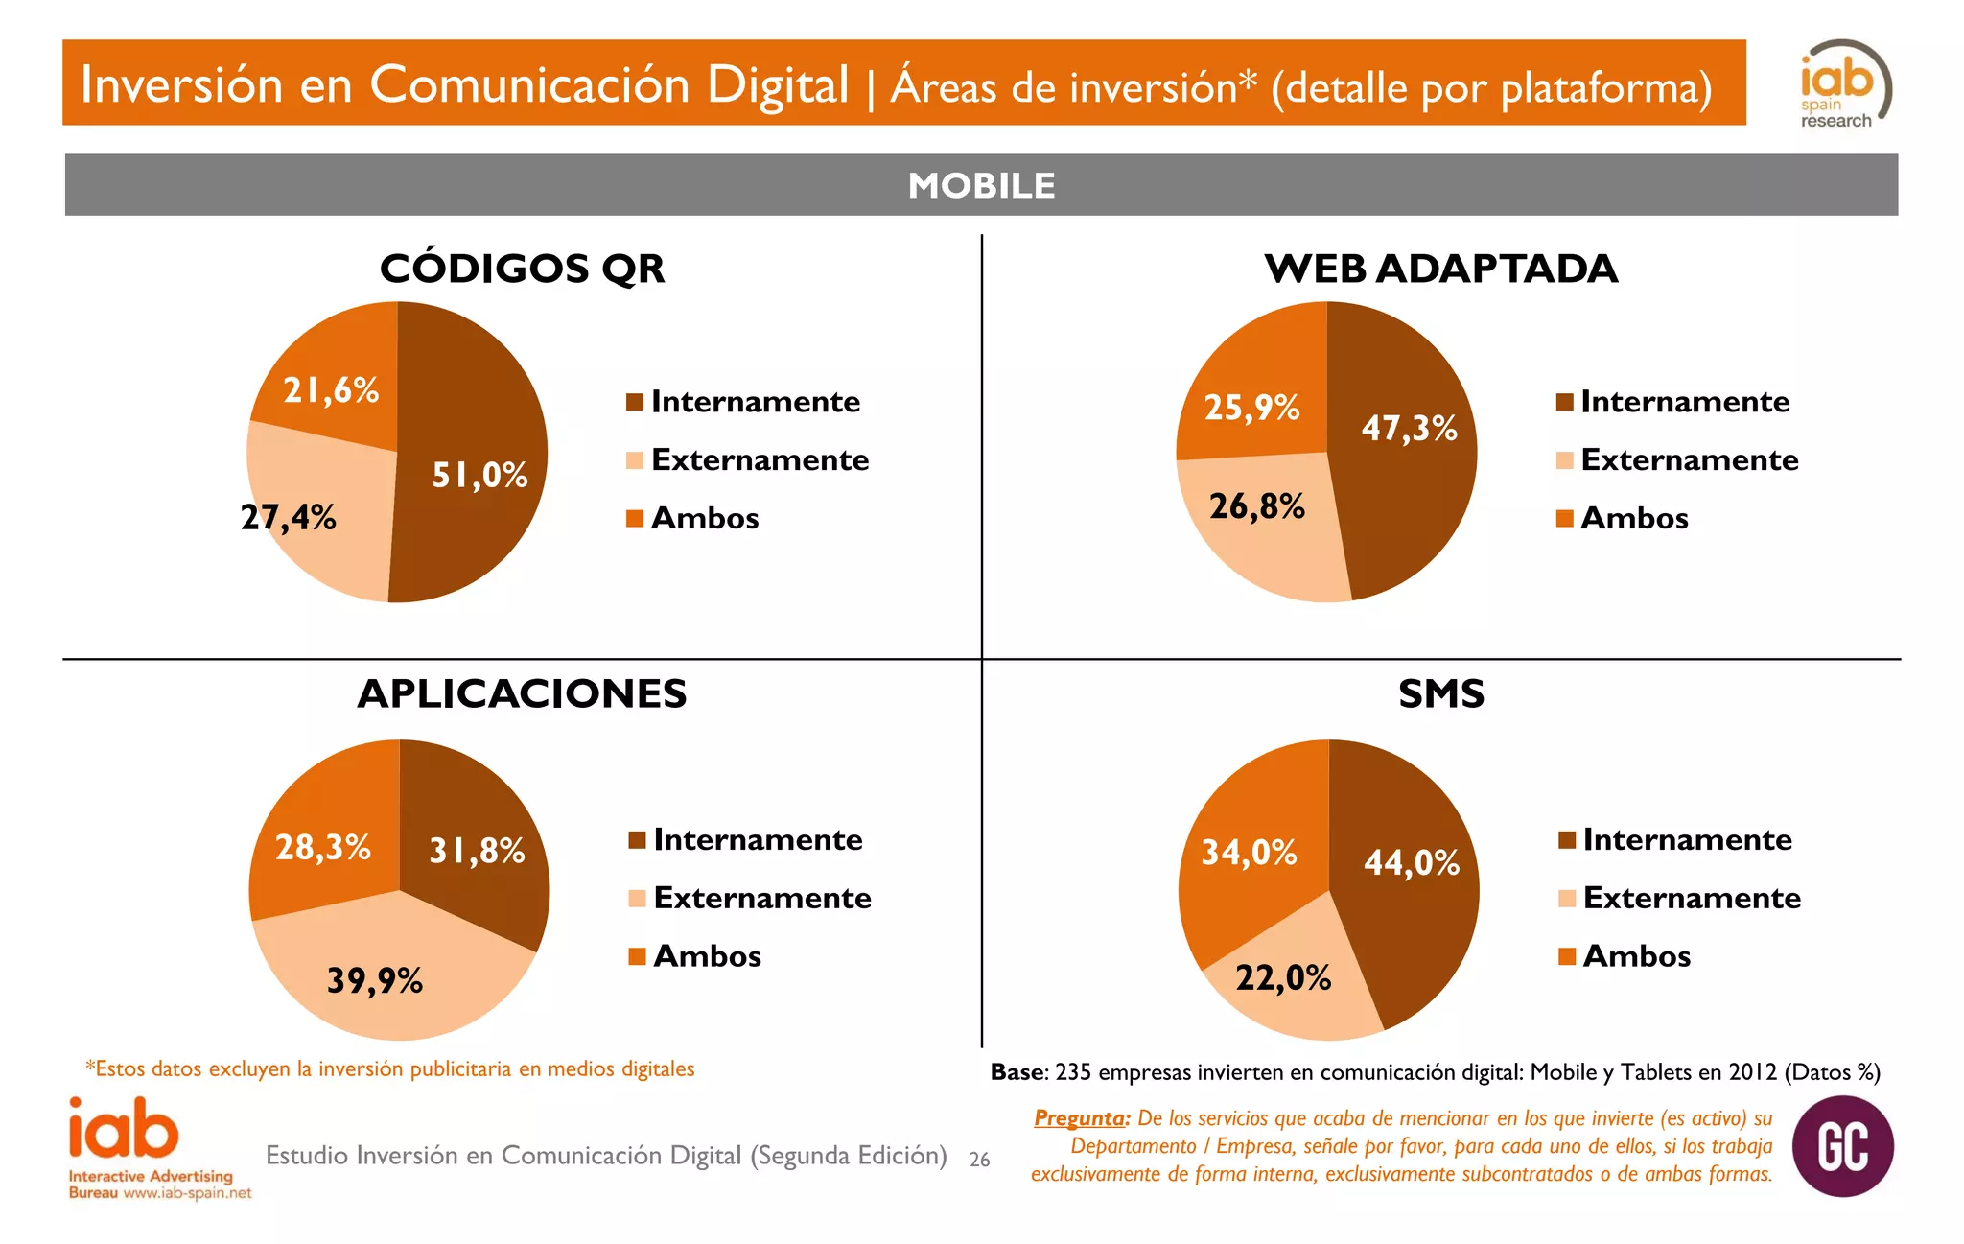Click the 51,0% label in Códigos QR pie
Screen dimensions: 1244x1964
(479, 475)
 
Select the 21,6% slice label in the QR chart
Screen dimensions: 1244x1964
(331, 390)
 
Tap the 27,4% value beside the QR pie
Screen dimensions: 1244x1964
(288, 518)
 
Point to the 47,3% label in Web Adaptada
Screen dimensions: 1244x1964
(1409, 428)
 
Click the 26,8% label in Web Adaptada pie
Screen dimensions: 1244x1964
(1256, 505)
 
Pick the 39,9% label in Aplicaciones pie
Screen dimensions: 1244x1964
(374, 980)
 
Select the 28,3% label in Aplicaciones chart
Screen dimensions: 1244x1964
(322, 847)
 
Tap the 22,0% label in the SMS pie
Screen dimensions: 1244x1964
(1282, 977)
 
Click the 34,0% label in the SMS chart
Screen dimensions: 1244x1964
(1249, 852)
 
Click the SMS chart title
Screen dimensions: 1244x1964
(1440, 693)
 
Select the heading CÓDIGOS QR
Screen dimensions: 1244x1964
(522, 269)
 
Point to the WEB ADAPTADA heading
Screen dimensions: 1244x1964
(1440, 269)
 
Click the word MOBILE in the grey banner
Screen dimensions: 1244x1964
(981, 185)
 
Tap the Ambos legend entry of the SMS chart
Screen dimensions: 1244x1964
(1636, 956)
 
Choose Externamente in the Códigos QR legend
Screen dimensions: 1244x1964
(760, 460)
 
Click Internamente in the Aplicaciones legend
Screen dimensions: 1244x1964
(758, 840)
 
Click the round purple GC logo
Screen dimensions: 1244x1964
(1842, 1146)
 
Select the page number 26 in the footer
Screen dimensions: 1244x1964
(979, 1160)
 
